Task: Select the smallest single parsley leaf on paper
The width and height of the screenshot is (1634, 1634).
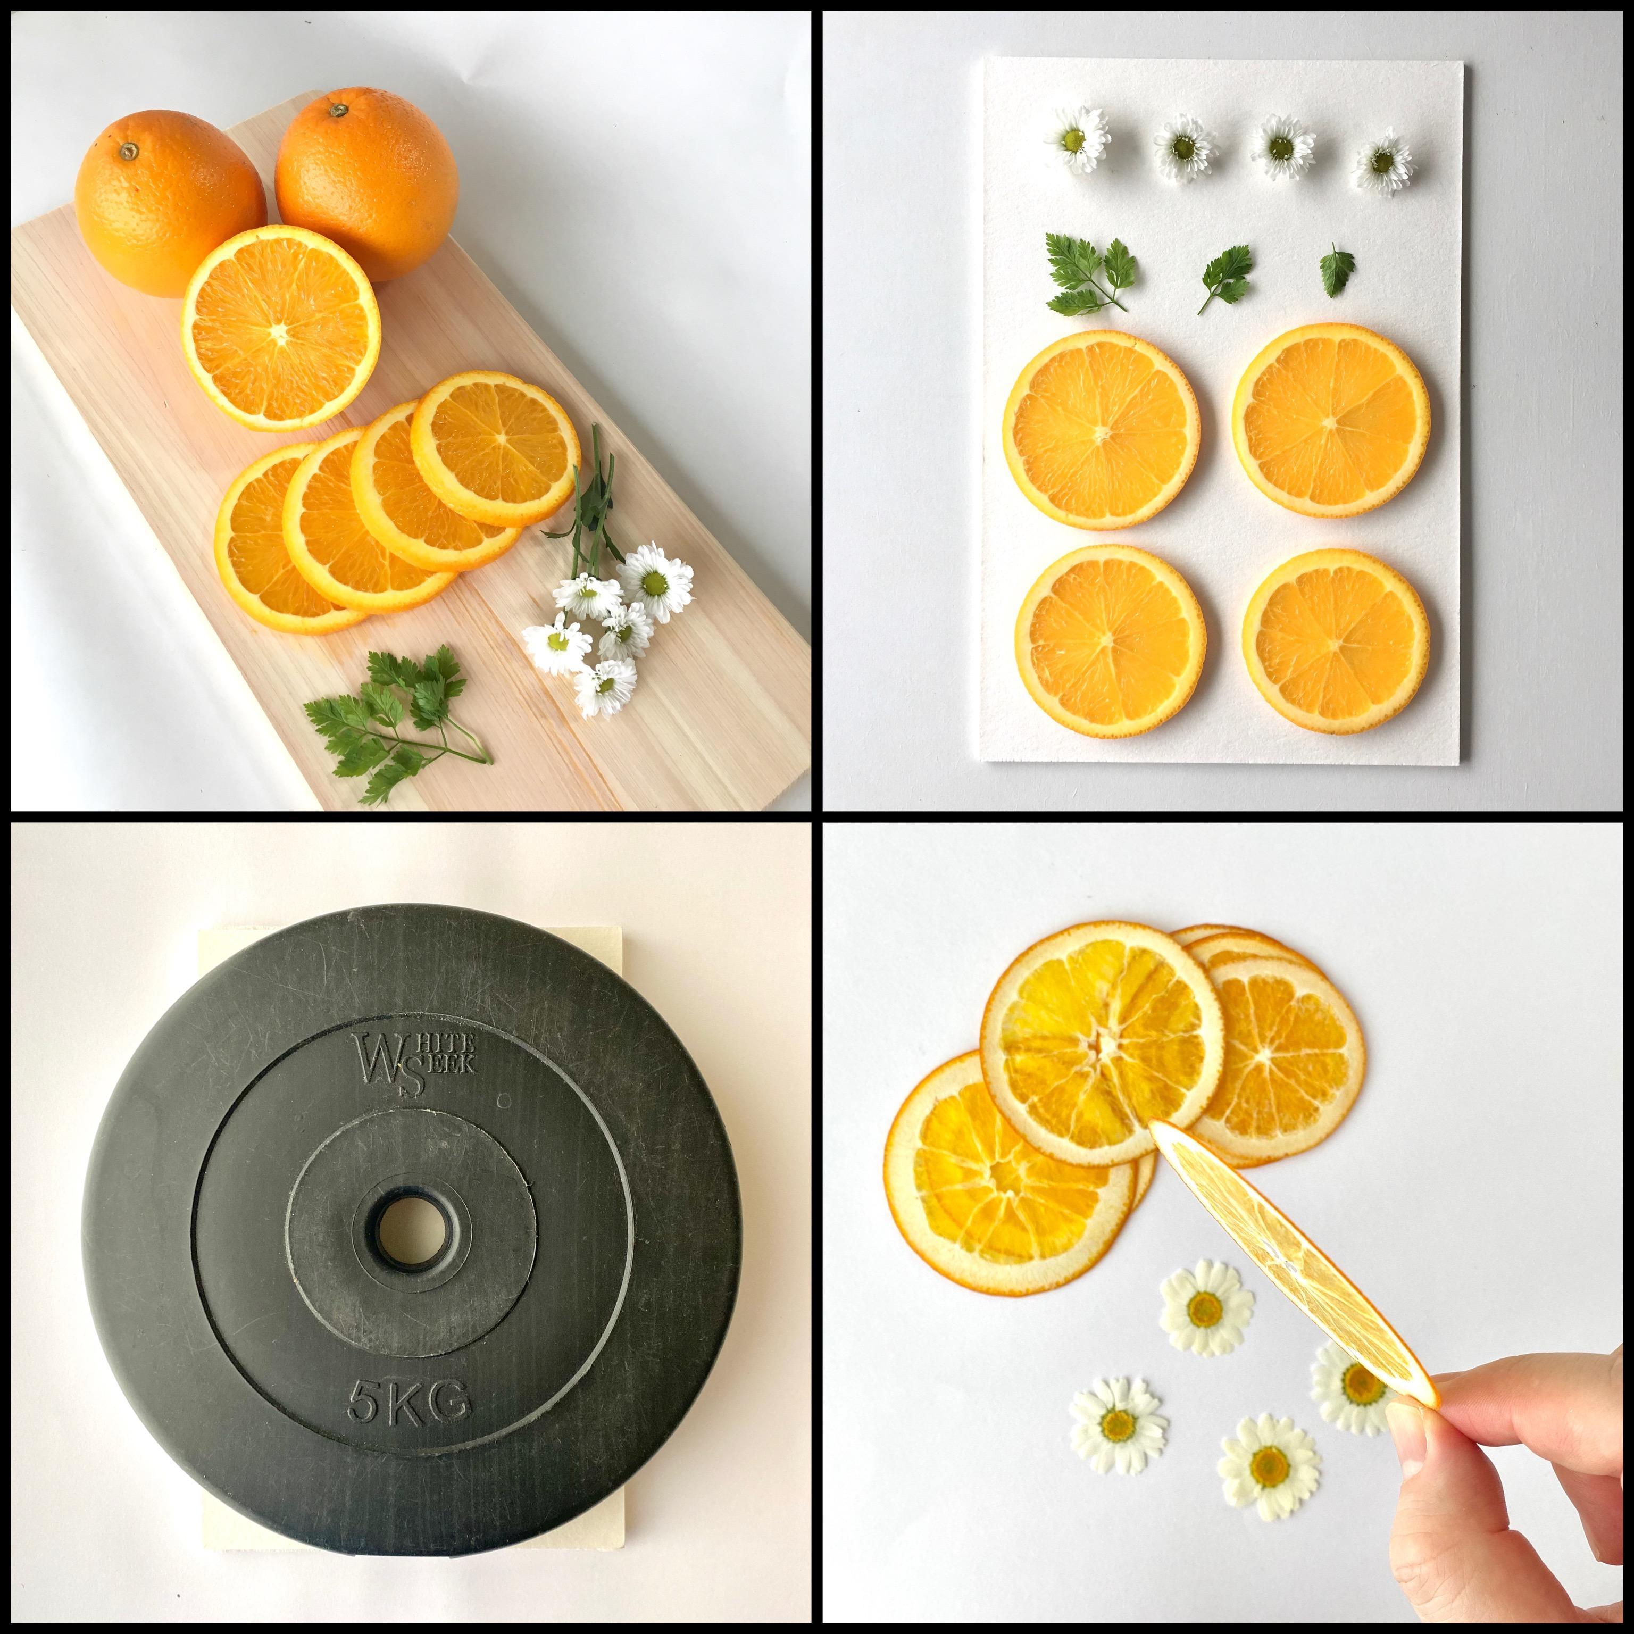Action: (x=1336, y=269)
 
